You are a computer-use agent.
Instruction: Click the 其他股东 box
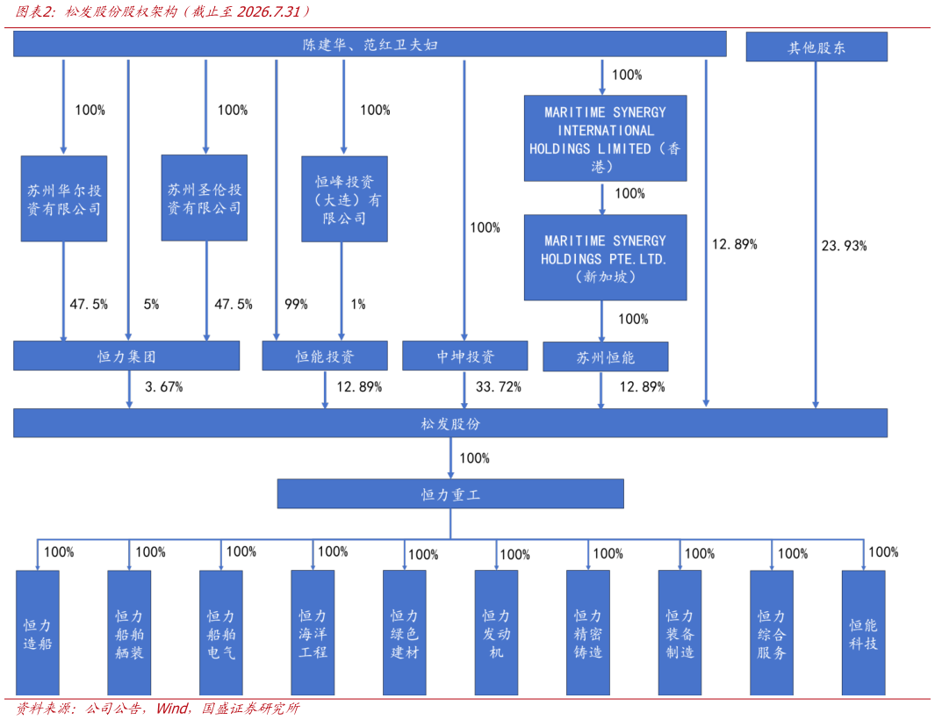click(816, 47)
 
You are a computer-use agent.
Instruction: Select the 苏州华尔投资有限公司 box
click(64, 198)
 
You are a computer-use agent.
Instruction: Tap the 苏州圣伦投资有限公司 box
click(204, 198)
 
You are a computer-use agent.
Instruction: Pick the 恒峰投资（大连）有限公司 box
click(344, 199)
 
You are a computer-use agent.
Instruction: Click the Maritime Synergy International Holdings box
click(605, 139)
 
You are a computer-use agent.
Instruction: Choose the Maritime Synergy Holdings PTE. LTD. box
click(605, 257)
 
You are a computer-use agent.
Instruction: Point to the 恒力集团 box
click(126, 356)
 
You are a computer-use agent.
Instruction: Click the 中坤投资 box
click(465, 356)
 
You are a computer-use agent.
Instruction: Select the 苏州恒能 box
click(605, 356)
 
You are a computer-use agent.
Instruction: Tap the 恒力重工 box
click(450, 494)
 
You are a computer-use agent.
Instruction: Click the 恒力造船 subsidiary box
click(38, 633)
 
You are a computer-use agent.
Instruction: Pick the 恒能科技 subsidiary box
click(863, 633)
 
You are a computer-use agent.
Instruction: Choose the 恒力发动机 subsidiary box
click(496, 633)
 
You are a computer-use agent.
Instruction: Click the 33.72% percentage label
click(499, 387)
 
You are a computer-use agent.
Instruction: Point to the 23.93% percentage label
click(845, 246)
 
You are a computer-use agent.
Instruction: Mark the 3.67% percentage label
click(164, 387)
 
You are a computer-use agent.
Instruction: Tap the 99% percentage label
click(296, 304)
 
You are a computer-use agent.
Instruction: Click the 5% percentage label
click(152, 304)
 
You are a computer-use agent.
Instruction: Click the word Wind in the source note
click(172, 708)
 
